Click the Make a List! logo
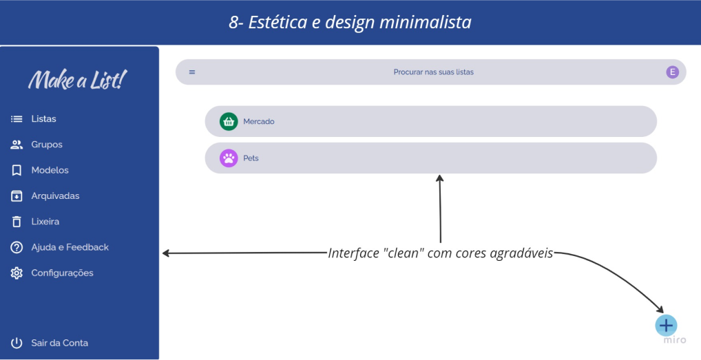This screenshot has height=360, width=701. (x=77, y=80)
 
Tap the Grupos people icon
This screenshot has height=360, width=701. (x=17, y=145)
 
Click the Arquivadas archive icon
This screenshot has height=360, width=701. (x=17, y=196)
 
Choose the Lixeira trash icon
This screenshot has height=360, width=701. (x=17, y=222)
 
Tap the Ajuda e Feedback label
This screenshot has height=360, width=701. (x=70, y=247)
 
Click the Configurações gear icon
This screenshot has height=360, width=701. (x=17, y=273)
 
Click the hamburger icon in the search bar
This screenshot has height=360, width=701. (x=192, y=72)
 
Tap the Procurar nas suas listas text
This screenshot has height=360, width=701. (x=433, y=72)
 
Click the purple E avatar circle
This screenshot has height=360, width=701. (x=672, y=72)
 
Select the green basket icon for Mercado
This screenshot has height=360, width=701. (x=229, y=121)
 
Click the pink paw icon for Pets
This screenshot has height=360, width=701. (x=229, y=158)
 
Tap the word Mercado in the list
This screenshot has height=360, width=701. (x=259, y=121)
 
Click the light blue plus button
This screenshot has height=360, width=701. (x=666, y=326)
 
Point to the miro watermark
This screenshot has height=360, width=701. (x=675, y=340)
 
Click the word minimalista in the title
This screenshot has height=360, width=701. (x=425, y=22)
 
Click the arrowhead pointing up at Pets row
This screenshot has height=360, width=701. (x=440, y=178)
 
